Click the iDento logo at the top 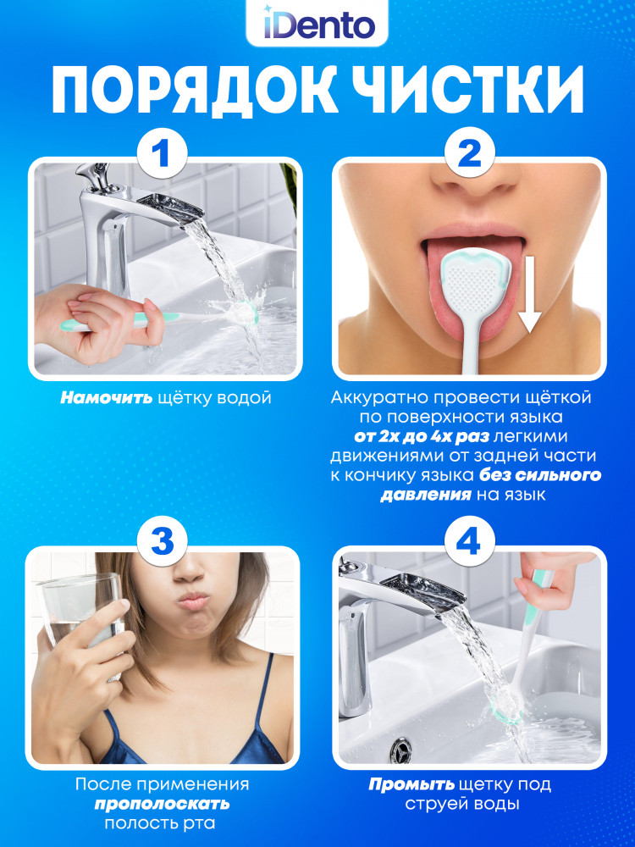click(x=318, y=25)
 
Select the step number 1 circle click(x=162, y=152)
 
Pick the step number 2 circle click(x=469, y=152)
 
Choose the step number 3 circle click(x=162, y=540)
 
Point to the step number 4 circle click(x=469, y=540)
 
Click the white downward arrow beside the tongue click(x=529, y=295)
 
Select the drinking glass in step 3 click(x=81, y=621)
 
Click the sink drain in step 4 click(x=400, y=750)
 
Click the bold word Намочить click(x=107, y=399)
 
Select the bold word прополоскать click(x=162, y=804)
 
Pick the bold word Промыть click(x=411, y=784)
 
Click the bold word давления click(x=426, y=495)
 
